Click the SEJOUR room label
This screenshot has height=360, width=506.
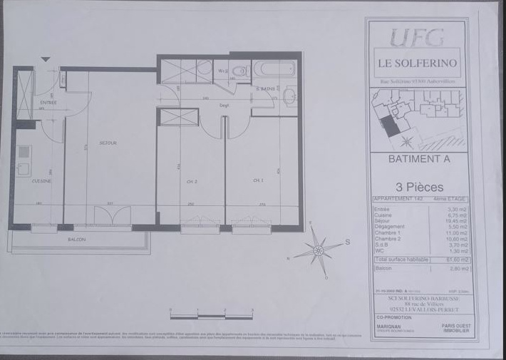tap(108, 143)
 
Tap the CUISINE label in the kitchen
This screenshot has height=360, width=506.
tap(41, 181)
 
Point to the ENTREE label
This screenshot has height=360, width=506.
tap(48, 103)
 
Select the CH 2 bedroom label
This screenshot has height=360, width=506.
tap(191, 181)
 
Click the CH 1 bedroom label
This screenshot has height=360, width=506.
tap(258, 181)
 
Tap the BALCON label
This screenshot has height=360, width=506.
tap(77, 240)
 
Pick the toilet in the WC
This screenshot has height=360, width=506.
tap(239, 71)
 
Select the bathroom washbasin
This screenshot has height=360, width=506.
tap(290, 96)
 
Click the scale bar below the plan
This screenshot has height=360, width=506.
tap(212, 314)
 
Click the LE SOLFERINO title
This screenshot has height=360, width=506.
tap(418, 63)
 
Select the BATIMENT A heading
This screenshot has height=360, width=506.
tap(418, 160)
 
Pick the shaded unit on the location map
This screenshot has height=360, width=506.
tap(389, 126)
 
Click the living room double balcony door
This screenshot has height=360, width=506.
tap(113, 215)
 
